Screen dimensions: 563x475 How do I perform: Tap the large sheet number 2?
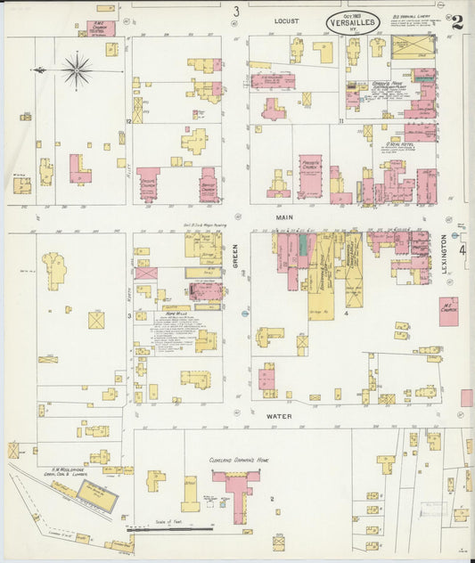point(456,22)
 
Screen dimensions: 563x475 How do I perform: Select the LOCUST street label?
point(286,20)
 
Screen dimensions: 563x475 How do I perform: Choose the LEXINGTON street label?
point(445,255)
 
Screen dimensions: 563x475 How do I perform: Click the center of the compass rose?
point(78,69)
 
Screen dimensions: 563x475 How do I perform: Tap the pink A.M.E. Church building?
point(104,29)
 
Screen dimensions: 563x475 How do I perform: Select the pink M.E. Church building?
point(448,311)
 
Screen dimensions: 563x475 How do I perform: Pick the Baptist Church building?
point(208,184)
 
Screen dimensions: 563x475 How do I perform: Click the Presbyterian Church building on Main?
point(309,175)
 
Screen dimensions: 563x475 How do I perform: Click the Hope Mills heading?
point(176,314)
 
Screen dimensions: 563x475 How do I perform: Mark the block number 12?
point(129,120)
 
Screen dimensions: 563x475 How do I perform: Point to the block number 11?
point(340,119)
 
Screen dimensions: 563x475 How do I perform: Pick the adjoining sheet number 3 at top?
point(236,12)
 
